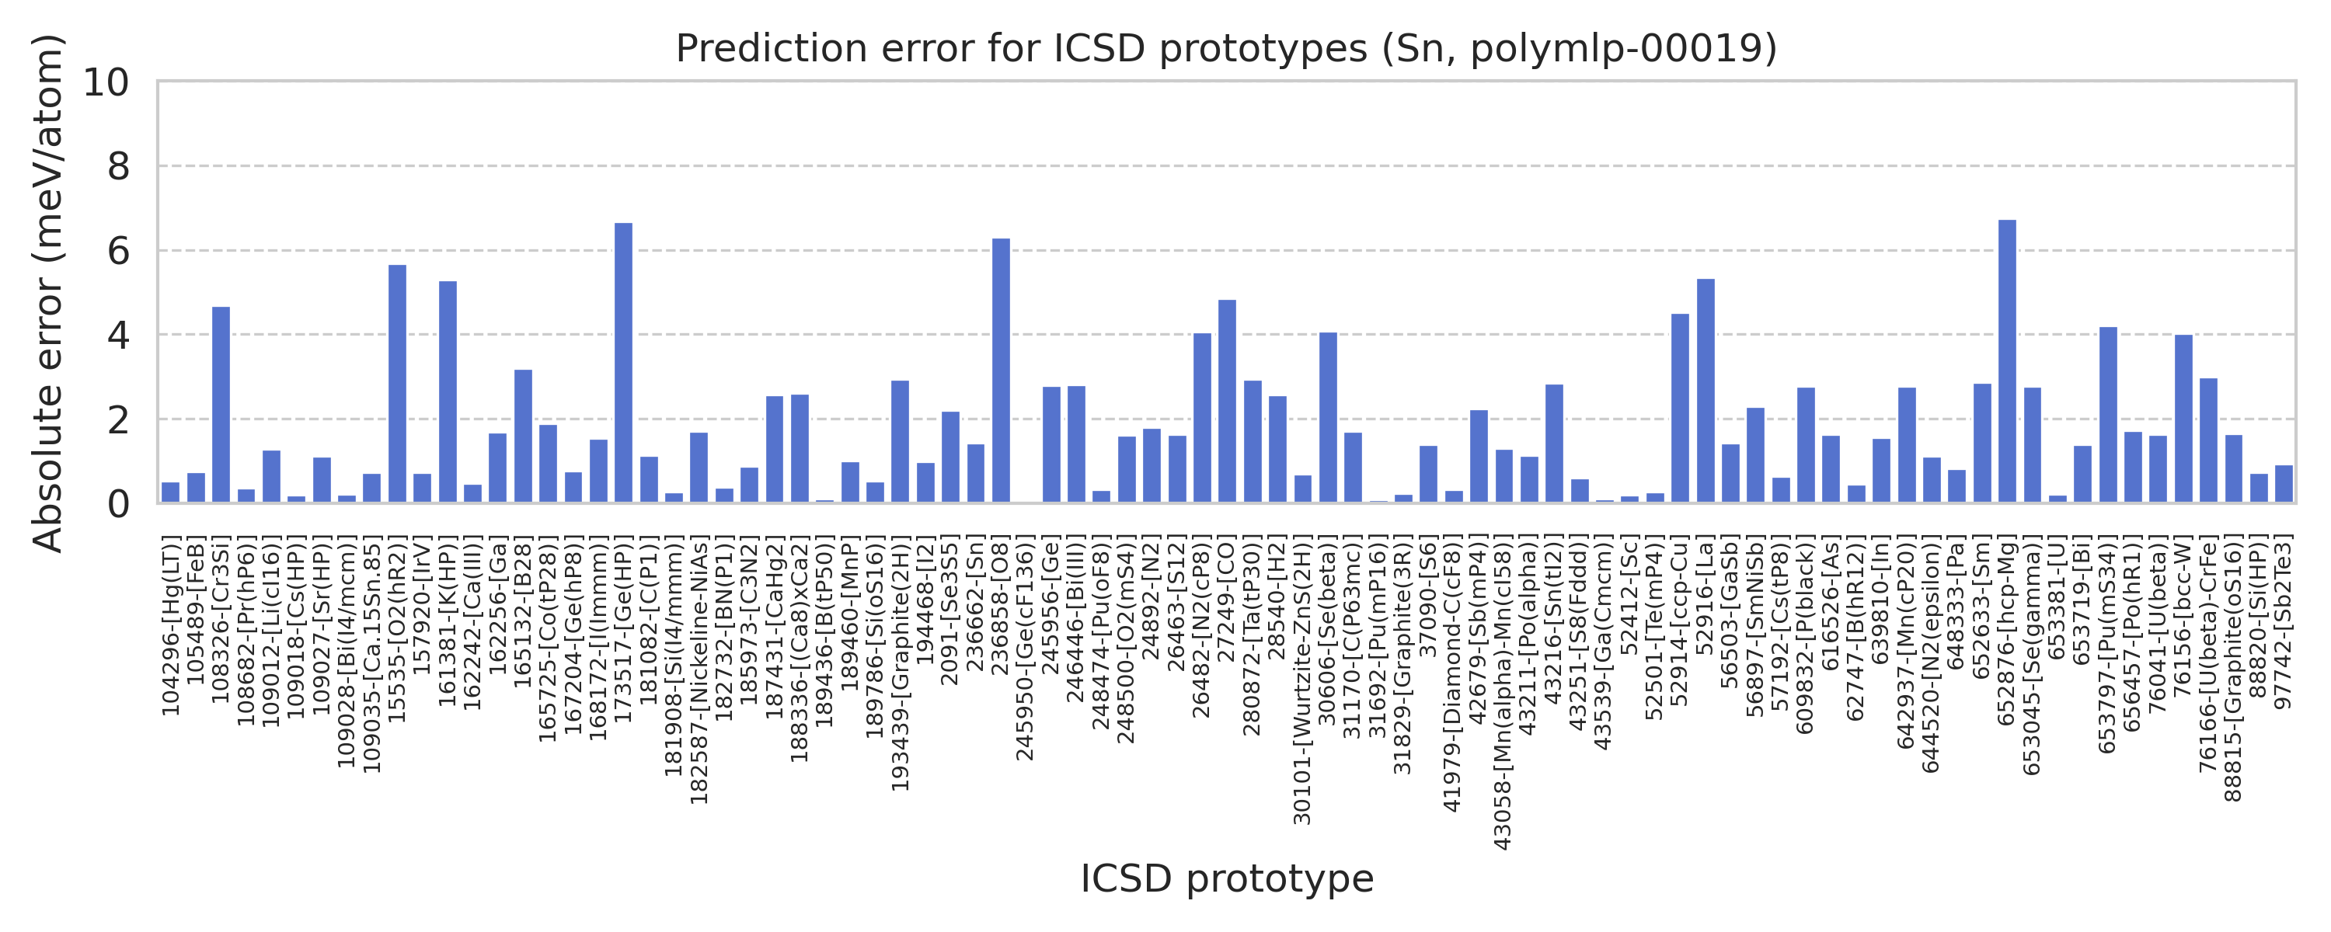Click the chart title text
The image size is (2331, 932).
pyautogui.click(x=1226, y=49)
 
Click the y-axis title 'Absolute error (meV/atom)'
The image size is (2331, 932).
pyautogui.click(x=47, y=292)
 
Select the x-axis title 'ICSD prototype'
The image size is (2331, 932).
pyautogui.click(x=1226, y=878)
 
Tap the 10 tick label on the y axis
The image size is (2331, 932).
pyautogui.click(x=106, y=82)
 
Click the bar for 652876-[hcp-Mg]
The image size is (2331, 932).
pyautogui.click(x=2006, y=362)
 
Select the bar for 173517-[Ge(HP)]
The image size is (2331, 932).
pyautogui.click(x=623, y=363)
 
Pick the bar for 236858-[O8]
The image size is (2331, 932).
pyautogui.click(x=1001, y=371)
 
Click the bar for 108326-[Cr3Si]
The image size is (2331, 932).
pyautogui.click(x=221, y=405)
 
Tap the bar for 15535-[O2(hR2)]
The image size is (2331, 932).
pyautogui.click(x=397, y=384)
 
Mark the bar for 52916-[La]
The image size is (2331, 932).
pyautogui.click(x=1705, y=391)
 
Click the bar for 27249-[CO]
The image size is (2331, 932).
pyautogui.click(x=1227, y=401)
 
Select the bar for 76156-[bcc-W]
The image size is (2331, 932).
pyautogui.click(x=2183, y=419)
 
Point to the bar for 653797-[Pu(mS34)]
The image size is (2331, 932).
pyautogui.click(x=2107, y=415)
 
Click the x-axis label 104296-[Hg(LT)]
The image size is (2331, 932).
pyautogui.click(x=171, y=625)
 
